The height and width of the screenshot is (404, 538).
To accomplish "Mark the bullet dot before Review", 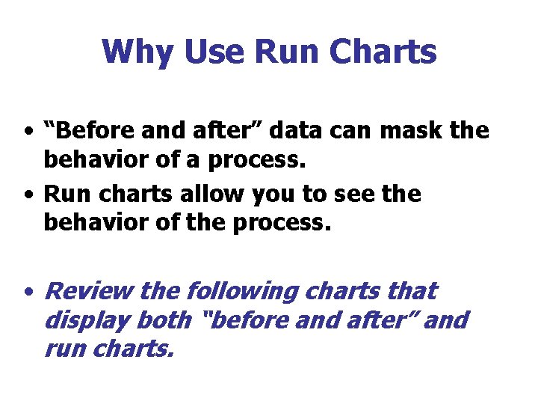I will [27, 292].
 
